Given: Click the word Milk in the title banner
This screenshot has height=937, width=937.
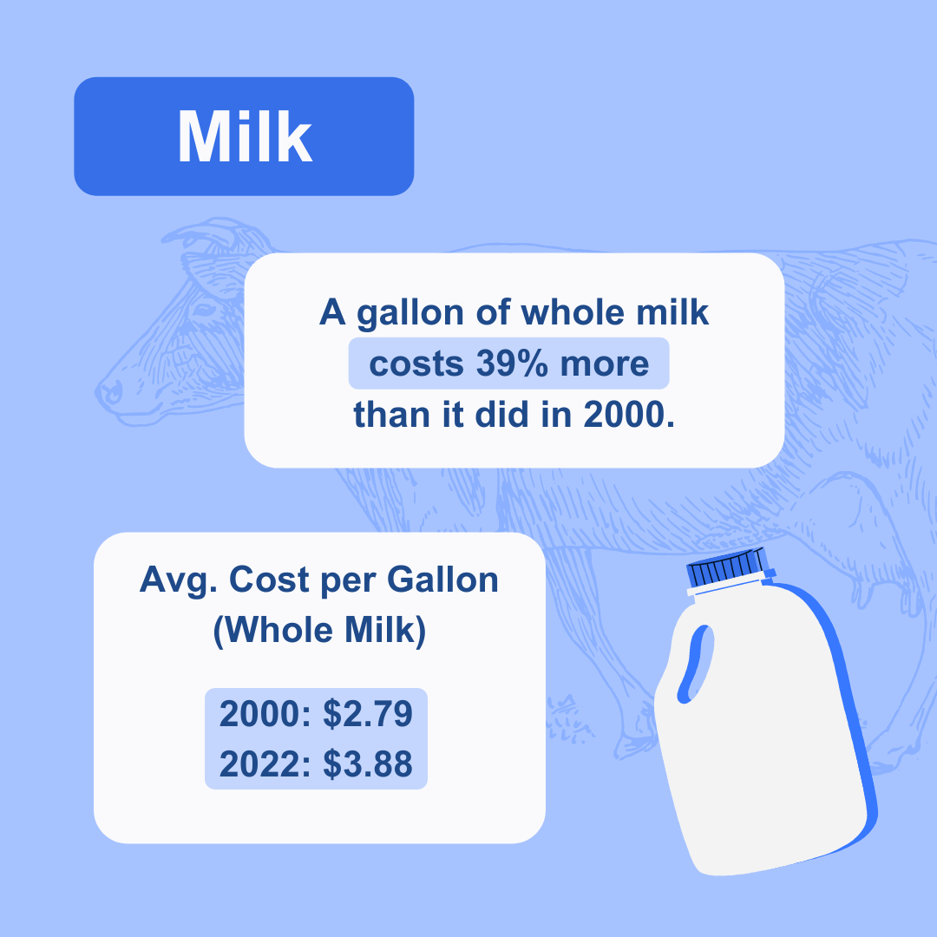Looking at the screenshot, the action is point(245,136).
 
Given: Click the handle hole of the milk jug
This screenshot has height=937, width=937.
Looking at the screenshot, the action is point(696,664).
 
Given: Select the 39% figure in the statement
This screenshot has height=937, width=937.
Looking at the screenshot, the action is point(512,364).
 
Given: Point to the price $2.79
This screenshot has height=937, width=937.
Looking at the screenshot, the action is point(368,713).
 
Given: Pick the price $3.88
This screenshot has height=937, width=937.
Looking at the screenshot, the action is point(368,763).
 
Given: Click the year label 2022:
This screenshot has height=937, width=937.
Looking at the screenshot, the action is point(265,763).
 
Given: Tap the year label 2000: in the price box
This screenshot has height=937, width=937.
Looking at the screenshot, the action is point(265,713).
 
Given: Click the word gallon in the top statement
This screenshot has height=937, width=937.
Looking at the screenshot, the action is point(410,313).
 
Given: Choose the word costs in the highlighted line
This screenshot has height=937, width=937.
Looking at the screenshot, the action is point(416,364).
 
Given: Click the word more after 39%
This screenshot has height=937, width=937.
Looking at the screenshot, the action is point(604,364).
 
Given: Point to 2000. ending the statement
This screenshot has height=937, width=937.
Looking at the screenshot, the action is point(629,415).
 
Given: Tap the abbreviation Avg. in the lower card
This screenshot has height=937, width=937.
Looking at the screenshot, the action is point(179,580).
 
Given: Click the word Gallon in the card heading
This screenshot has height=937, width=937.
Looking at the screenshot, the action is point(442,580).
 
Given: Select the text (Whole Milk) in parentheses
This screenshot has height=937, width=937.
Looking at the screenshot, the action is point(319,631).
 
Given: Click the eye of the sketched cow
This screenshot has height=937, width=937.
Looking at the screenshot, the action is point(203,310).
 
